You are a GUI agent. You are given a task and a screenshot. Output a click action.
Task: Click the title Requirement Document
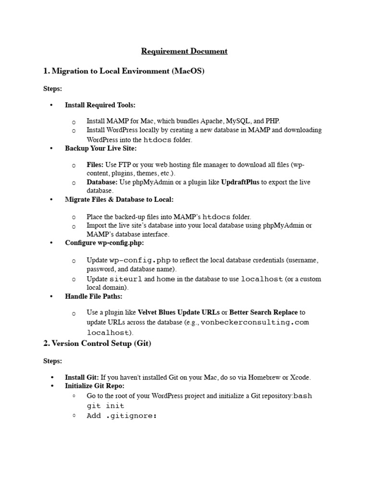coord(184,51)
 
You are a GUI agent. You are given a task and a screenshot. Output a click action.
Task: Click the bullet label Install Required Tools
coord(100,105)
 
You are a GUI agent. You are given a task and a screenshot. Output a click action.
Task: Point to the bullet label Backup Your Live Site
coord(101,148)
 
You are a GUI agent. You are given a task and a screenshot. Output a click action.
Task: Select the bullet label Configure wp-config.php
coord(104,243)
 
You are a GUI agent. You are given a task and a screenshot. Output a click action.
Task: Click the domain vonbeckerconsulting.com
coord(255,322)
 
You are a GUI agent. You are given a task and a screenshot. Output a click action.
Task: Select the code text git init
coord(105,406)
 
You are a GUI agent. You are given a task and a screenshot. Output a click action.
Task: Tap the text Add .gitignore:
coord(122,416)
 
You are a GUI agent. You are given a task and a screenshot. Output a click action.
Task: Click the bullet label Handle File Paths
coord(94,296)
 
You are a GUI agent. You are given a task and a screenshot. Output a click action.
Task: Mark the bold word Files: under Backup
coord(95,165)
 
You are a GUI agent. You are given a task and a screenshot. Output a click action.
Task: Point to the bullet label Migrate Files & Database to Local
coord(119,199)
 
